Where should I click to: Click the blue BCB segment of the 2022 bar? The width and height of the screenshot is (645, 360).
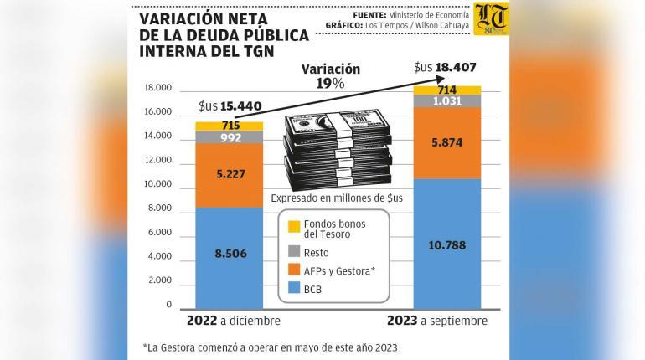tap(230, 258)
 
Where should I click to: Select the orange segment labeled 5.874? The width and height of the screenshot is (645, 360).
tap(447, 143)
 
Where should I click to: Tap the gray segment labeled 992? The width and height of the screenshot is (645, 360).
tap(230, 137)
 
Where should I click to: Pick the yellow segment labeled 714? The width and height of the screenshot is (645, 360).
tap(447, 90)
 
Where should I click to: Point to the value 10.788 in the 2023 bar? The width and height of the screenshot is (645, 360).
tap(447, 245)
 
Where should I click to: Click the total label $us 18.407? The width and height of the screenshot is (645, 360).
tap(445, 68)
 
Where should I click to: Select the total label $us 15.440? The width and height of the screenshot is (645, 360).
tap(230, 106)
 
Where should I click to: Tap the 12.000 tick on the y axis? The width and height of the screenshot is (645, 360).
tap(157, 160)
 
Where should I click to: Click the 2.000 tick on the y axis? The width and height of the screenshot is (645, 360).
tap(160, 280)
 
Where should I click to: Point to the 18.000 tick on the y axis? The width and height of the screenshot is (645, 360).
tap(157, 88)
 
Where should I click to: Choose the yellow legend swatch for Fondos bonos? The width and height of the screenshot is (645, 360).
tap(294, 227)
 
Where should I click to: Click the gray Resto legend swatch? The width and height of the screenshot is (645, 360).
tap(294, 251)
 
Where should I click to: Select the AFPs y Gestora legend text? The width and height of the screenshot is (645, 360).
tap(340, 271)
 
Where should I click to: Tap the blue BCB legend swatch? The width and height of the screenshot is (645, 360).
tap(294, 288)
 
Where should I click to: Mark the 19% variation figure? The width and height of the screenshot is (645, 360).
tap(330, 84)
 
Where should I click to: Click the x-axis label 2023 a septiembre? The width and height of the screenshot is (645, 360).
tap(437, 321)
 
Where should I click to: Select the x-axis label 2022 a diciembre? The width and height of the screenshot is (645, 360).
tap(234, 321)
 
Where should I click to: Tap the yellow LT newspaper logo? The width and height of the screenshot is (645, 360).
tap(491, 19)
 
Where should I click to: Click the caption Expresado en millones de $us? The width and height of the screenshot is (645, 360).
tap(337, 198)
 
